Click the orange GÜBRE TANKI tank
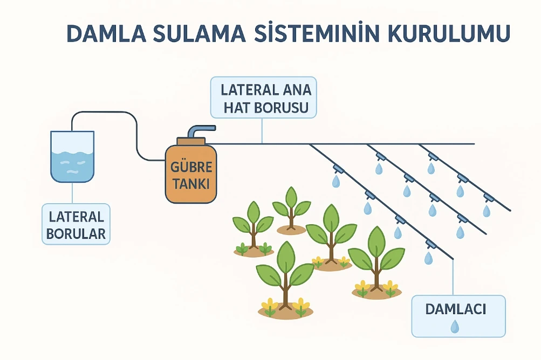click(x=191, y=174)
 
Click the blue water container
click(x=72, y=156)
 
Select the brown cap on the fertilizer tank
click(x=191, y=141)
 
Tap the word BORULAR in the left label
click(x=76, y=234)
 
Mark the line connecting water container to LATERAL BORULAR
click(x=72, y=193)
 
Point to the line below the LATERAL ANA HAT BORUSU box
click(x=262, y=130)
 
